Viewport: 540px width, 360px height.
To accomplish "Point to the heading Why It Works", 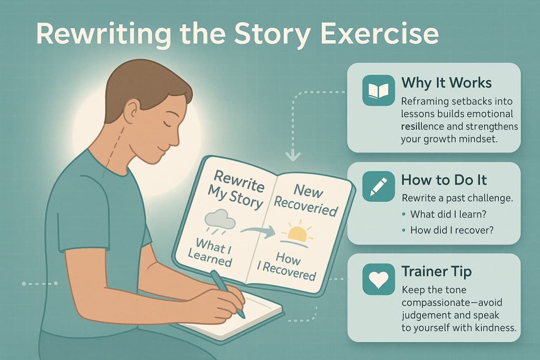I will (446, 83).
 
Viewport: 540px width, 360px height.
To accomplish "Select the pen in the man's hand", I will (228, 293).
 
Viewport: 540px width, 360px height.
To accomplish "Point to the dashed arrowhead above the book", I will (292, 155).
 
